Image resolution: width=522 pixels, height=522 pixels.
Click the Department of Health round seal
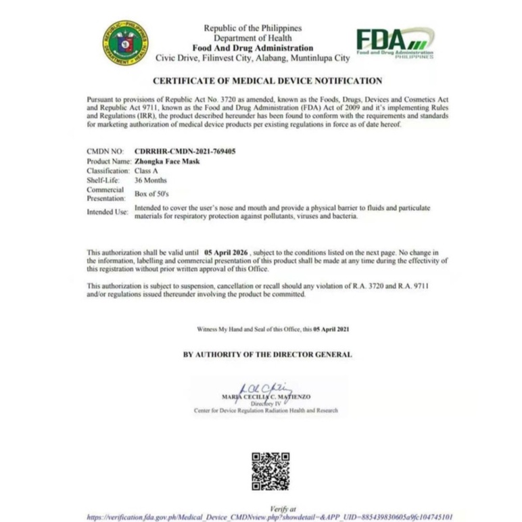[126, 42]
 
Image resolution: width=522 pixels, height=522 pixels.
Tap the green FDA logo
[394, 43]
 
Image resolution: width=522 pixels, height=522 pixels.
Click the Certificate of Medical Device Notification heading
[267, 80]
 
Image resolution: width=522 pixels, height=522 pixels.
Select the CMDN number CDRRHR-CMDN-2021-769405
[185, 152]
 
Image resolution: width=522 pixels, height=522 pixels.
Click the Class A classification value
[146, 171]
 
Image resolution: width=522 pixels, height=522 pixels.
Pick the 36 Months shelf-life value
[150, 181]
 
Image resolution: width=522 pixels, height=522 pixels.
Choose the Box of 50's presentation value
[150, 194]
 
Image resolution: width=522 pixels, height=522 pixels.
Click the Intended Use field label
[107, 212]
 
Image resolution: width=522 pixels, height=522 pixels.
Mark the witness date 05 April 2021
[331, 329]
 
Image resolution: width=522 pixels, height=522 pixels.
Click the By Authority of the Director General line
[267, 354]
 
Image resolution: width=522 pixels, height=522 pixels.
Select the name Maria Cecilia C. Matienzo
[266, 396]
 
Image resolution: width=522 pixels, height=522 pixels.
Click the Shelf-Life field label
[103, 181]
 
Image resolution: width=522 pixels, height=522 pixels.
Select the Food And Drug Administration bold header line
[252, 48]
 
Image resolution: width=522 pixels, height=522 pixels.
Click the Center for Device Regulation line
[265, 410]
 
